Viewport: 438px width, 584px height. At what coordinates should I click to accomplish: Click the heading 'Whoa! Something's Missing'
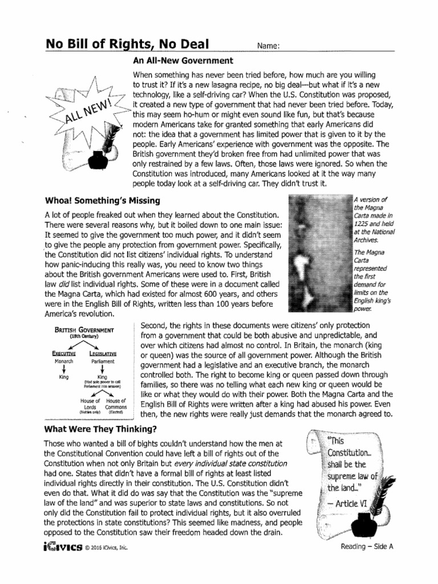[102, 200]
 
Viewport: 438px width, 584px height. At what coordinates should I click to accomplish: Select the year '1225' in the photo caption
[362, 224]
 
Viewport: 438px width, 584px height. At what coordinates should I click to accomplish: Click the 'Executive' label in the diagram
[62, 354]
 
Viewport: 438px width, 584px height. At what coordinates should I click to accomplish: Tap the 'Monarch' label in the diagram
[62, 361]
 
